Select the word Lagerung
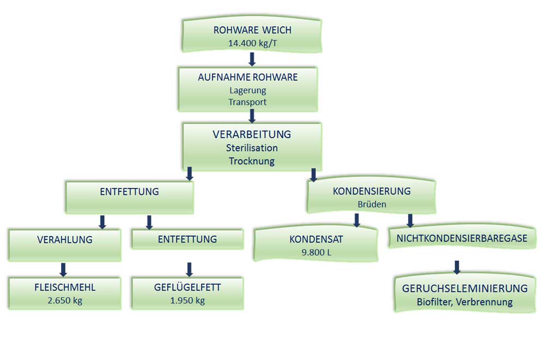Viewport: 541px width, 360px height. [x=248, y=90]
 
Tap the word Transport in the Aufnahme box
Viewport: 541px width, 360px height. [x=248, y=101]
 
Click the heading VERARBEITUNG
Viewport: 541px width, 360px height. [x=252, y=134]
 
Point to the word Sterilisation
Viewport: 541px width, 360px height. [x=252, y=148]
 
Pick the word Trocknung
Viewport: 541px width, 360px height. [x=252, y=161]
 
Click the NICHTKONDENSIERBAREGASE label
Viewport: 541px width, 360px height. [x=462, y=238]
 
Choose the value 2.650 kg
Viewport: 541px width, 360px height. [x=64, y=301]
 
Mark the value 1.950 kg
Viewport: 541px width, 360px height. [x=187, y=301]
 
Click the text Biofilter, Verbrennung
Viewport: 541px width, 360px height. [x=465, y=302]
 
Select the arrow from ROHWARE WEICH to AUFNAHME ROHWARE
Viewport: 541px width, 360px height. [x=252, y=59]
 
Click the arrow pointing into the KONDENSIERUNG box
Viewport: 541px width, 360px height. [x=314, y=174]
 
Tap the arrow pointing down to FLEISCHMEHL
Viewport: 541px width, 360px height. [x=63, y=269]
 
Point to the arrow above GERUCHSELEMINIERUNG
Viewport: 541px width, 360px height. [x=457, y=267]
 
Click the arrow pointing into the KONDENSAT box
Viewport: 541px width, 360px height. [x=356, y=220]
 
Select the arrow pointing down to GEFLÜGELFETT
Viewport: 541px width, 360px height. [x=189, y=269]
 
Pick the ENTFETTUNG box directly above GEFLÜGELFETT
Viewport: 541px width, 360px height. [x=187, y=239]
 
